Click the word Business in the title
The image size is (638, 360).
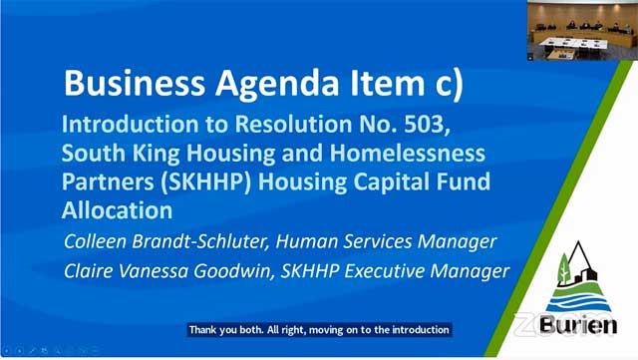[135, 83]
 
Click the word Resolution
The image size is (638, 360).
[294, 125]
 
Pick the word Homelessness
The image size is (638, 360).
[408, 154]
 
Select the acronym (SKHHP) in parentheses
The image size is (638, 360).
[205, 182]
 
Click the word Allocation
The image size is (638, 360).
[118, 210]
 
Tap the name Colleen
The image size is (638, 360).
[96, 241]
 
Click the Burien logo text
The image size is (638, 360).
[578, 325]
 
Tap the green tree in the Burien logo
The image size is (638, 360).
[564, 269]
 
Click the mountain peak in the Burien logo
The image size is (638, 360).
[578, 242]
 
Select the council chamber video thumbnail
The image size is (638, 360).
[582, 31]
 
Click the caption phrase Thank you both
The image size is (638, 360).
[226, 329]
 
